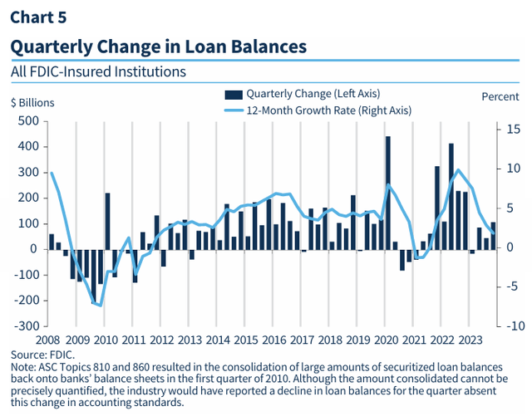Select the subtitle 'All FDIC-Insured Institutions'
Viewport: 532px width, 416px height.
[x=98, y=71]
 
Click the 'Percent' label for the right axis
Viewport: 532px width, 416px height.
[x=500, y=96]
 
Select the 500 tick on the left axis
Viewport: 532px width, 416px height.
[x=28, y=121]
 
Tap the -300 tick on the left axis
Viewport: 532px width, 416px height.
[x=26, y=326]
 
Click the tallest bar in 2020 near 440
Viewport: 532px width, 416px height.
[x=388, y=193]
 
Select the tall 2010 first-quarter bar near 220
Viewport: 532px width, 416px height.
[x=107, y=221]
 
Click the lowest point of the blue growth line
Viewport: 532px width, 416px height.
[x=101, y=306]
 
